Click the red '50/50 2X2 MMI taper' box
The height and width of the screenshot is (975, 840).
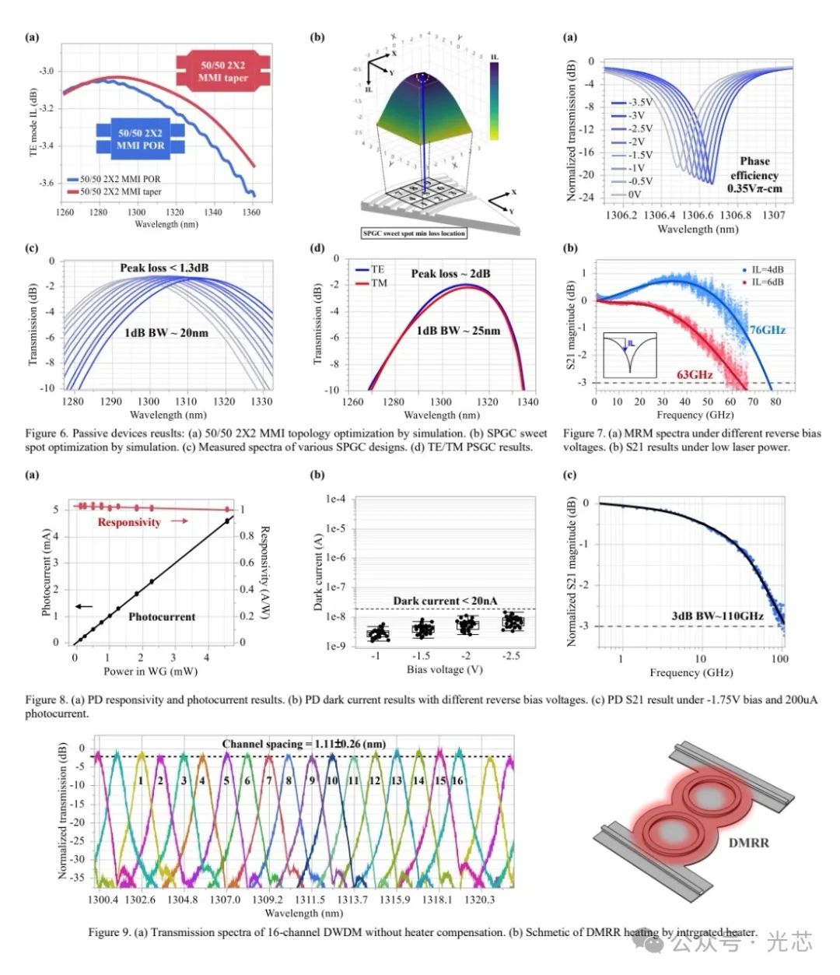pos(223,71)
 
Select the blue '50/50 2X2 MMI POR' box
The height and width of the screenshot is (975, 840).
pos(141,139)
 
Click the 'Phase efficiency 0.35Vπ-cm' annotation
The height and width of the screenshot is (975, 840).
pos(754,175)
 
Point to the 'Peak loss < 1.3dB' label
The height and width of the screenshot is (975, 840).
pos(164,268)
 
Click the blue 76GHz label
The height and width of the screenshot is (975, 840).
pos(768,330)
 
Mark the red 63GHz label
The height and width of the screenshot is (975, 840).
pos(695,374)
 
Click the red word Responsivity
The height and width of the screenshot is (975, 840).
pos(129,522)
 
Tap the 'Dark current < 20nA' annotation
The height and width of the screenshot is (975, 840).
pos(445,601)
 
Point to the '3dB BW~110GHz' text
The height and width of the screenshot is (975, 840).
pos(717,616)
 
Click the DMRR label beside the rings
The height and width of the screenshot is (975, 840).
pos(748,843)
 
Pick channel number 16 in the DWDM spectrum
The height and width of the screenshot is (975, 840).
pos(457,780)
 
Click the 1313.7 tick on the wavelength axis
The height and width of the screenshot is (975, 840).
pos(352,900)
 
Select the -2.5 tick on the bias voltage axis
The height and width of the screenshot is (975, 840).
pos(511,656)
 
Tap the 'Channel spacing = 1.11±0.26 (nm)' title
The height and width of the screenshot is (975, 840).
pos(304,744)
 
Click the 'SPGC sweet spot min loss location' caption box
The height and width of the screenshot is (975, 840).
pos(415,233)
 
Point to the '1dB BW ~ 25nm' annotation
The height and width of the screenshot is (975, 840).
pos(458,331)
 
